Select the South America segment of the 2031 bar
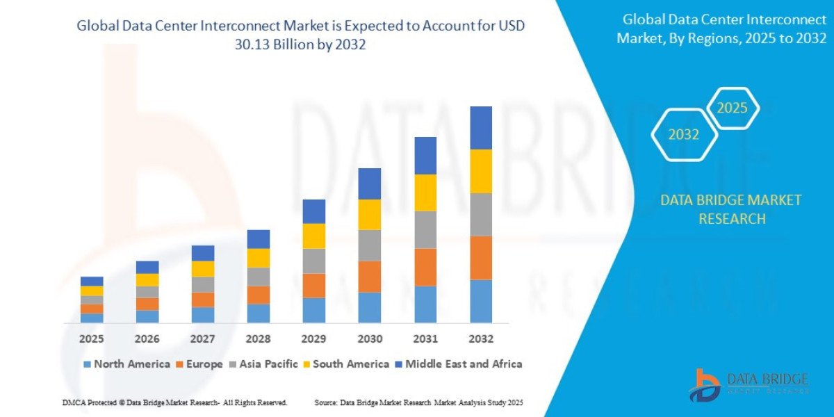pyautogui.click(x=425, y=193)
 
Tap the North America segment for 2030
pyautogui.click(x=370, y=307)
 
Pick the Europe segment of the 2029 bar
pyautogui.click(x=314, y=286)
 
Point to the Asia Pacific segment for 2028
pyautogui.click(x=259, y=277)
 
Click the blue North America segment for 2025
pyautogui.click(x=92, y=318)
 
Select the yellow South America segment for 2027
pyautogui.click(x=203, y=269)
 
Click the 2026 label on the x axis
pyautogui.click(x=147, y=339)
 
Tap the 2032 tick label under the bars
pyautogui.click(x=481, y=339)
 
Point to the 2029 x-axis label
pyautogui.click(x=314, y=339)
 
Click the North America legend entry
pyautogui.click(x=126, y=364)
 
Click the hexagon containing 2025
pyautogui.click(x=732, y=108)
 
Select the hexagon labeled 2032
pyautogui.click(x=684, y=135)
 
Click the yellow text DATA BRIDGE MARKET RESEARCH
pyautogui.click(x=730, y=209)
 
